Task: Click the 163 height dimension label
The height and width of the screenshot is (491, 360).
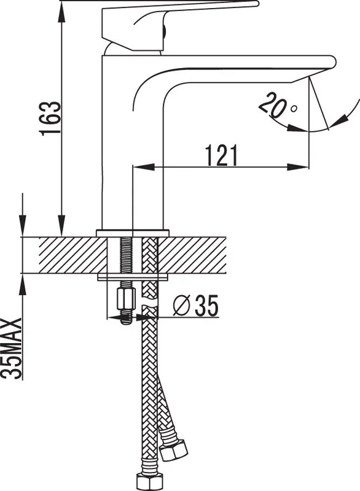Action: coord(51,118)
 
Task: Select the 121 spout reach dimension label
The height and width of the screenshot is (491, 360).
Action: coord(222,155)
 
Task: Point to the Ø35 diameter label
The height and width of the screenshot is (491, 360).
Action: coord(196,306)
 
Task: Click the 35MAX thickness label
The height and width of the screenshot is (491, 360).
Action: coord(12,349)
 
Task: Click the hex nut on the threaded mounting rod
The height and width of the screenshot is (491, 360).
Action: coord(126,299)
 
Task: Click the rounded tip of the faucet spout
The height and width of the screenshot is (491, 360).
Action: coord(334,62)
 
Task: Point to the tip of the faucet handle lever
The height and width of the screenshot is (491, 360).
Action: coord(257,4)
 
